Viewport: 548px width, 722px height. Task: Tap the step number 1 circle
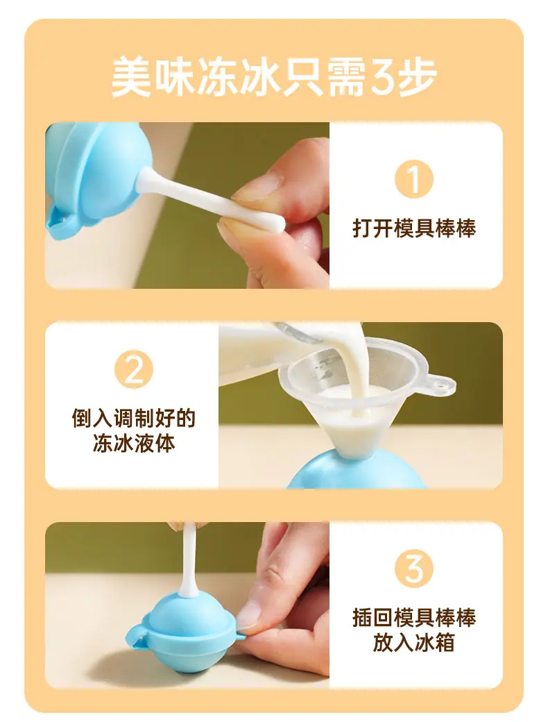(x=413, y=179)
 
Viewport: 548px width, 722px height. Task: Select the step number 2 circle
(x=133, y=369)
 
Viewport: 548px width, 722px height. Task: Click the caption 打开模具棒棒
(x=414, y=228)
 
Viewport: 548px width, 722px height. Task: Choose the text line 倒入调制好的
(x=133, y=418)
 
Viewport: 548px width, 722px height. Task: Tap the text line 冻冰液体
(x=133, y=444)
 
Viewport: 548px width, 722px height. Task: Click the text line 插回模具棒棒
(x=414, y=617)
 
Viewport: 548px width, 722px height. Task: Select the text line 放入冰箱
(x=414, y=643)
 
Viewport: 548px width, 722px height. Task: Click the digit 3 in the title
(x=381, y=77)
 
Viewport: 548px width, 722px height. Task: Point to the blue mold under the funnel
(x=357, y=470)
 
